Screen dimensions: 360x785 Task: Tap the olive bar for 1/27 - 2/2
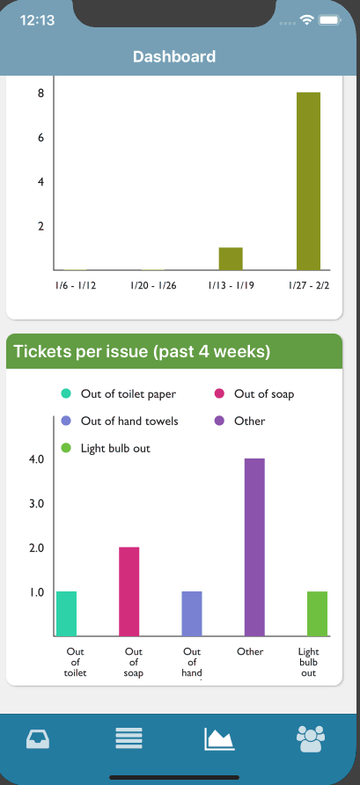tap(308, 181)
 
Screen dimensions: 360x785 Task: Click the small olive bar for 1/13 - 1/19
tap(231, 259)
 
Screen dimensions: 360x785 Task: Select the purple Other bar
tap(254, 547)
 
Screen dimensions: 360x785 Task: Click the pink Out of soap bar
tap(129, 591)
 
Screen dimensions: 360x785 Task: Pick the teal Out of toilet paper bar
tap(67, 613)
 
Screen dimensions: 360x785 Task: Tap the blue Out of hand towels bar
tap(192, 613)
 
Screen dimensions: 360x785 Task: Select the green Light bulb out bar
tap(317, 613)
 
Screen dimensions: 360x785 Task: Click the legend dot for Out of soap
tap(219, 393)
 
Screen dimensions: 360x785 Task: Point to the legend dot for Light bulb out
tap(66, 448)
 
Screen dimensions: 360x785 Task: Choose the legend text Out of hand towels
tap(129, 421)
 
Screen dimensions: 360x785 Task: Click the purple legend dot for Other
tap(219, 421)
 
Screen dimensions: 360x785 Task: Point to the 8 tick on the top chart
tap(41, 93)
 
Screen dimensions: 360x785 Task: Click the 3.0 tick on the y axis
tap(37, 503)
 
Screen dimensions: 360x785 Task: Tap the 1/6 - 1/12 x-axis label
tap(76, 286)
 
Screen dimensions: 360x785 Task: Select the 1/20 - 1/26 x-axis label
tap(153, 286)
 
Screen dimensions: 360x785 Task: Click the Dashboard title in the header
tap(174, 56)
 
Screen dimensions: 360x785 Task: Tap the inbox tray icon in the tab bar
tap(38, 738)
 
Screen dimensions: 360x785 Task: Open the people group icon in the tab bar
tap(311, 738)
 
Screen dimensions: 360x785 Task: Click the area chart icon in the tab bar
tap(219, 739)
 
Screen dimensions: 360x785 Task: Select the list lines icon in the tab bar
tap(129, 738)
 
